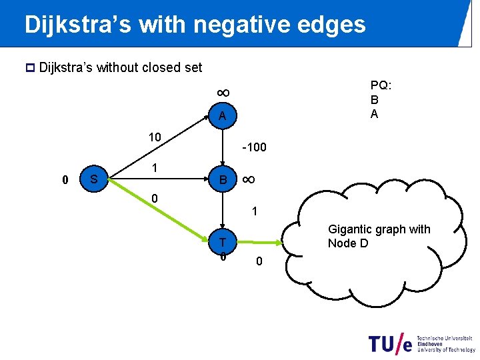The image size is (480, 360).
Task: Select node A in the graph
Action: (x=222, y=117)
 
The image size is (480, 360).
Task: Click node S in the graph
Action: (x=94, y=179)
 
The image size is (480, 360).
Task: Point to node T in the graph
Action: (x=223, y=241)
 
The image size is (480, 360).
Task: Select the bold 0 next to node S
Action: (x=65, y=179)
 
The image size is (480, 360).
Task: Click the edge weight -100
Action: (x=254, y=146)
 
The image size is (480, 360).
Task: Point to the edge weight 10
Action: (x=154, y=137)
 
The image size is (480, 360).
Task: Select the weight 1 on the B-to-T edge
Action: (x=254, y=211)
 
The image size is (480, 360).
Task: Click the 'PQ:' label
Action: (x=381, y=86)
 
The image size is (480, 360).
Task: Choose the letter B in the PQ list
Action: (x=374, y=100)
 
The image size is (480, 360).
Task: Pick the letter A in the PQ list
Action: (x=374, y=113)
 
